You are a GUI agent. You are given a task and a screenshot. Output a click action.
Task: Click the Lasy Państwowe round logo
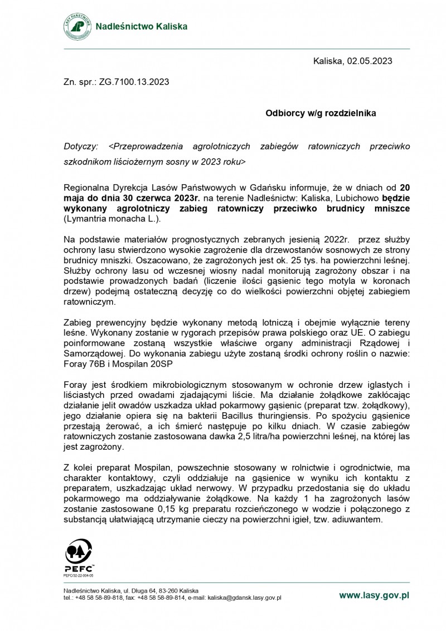[77, 26]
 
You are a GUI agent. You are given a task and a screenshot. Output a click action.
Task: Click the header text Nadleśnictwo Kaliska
[142, 26]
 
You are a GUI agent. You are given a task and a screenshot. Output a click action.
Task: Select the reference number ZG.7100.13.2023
[134, 81]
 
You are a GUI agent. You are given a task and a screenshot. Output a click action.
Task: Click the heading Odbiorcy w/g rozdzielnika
[321, 113]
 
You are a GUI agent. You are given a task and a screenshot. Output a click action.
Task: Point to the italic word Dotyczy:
[81, 146]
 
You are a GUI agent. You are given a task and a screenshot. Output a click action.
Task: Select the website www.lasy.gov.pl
[374, 595]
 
